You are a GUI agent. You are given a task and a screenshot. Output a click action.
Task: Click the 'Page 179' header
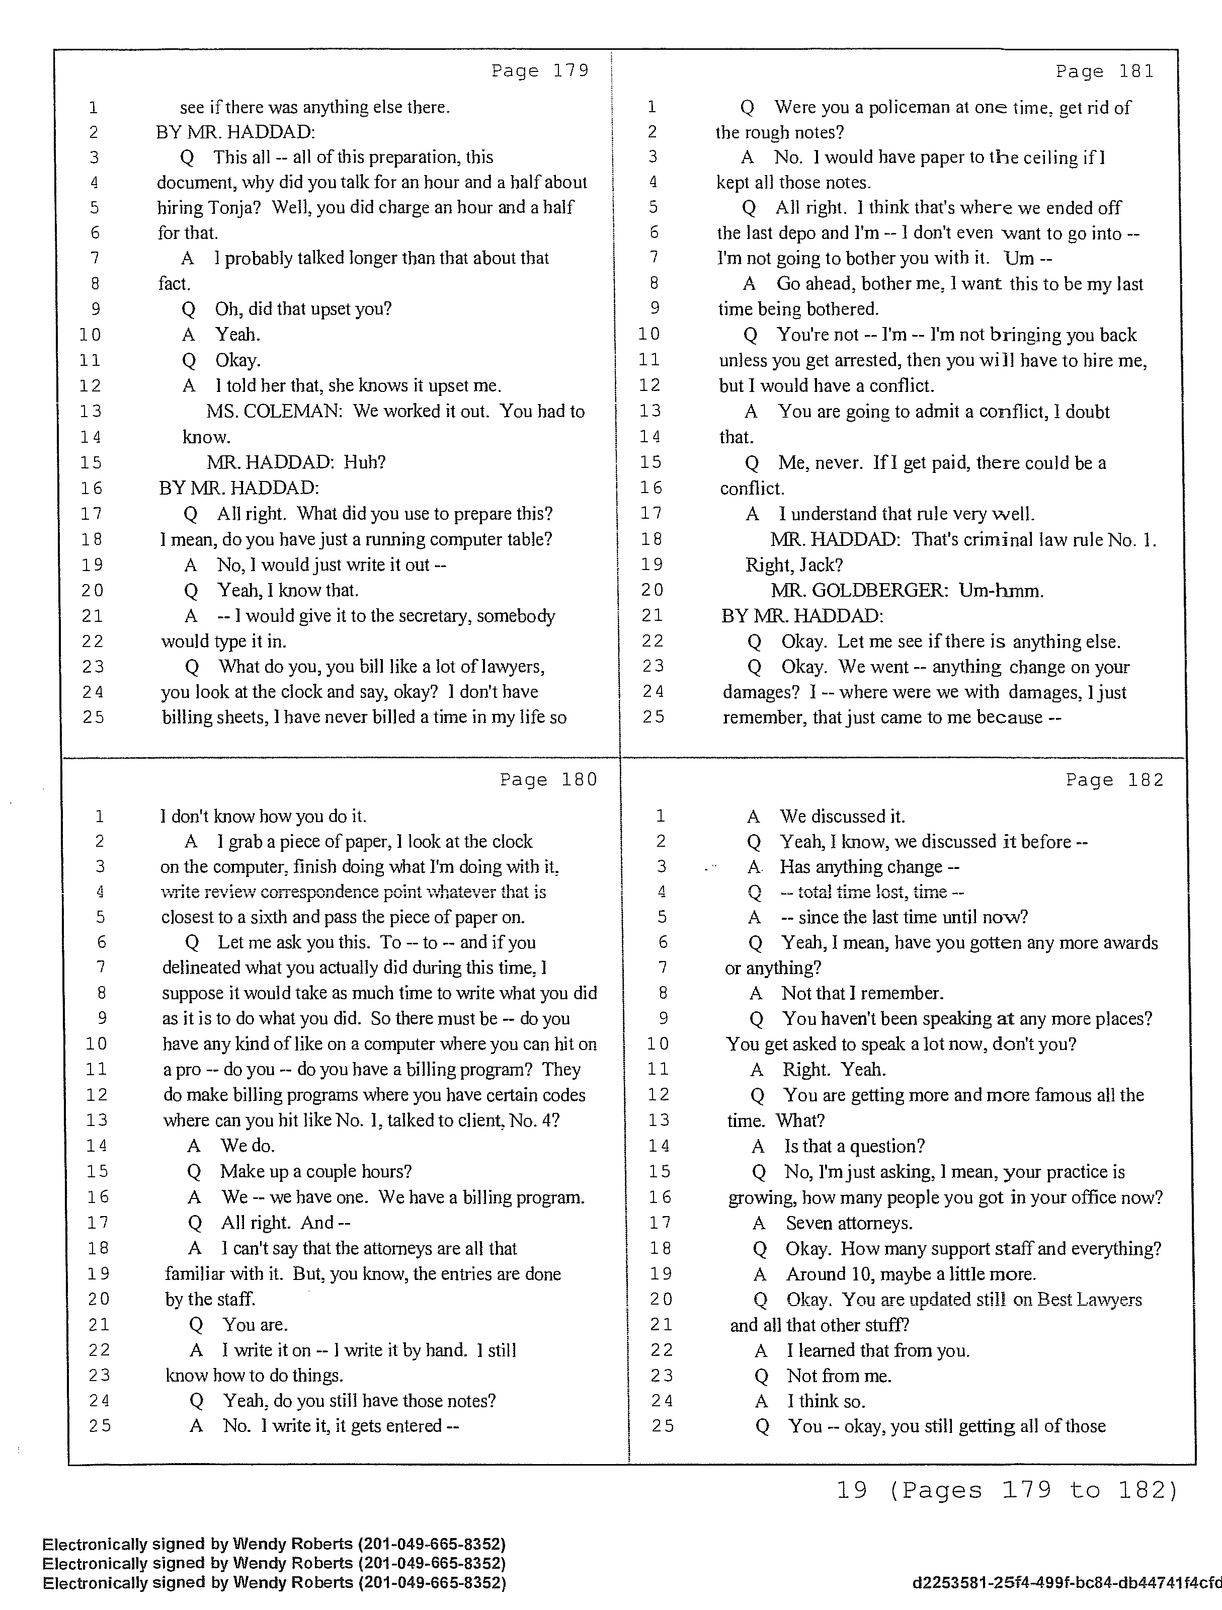coord(539,70)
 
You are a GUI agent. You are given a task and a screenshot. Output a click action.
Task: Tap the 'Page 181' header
coord(1104,70)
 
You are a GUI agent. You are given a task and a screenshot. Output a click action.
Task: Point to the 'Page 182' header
coord(1114,779)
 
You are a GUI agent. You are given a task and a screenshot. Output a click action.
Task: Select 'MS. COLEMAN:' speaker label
coord(274,411)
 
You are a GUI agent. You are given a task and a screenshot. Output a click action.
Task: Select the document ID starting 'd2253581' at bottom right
coord(1066,1582)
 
